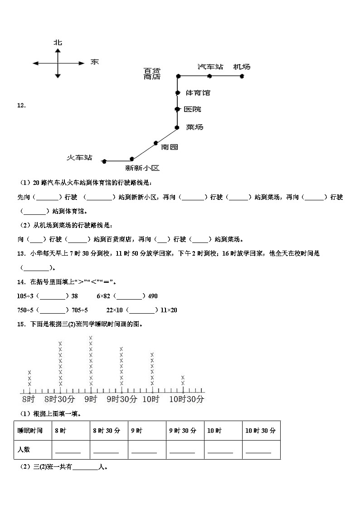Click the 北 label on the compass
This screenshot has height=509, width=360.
(x=58, y=43)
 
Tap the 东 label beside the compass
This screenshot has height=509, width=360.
(x=94, y=62)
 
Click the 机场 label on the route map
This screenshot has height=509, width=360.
(x=242, y=67)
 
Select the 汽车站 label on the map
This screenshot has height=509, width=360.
(x=210, y=67)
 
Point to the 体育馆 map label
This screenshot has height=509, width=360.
(x=198, y=92)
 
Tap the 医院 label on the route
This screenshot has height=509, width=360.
(x=193, y=109)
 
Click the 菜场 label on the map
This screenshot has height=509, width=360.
(x=195, y=127)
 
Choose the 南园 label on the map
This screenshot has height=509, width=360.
(x=169, y=146)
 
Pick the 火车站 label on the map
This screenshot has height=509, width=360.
(x=79, y=157)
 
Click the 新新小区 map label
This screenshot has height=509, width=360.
(x=142, y=168)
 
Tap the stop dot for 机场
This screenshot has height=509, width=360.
(x=242, y=76)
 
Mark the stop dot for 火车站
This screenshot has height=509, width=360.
(x=104, y=161)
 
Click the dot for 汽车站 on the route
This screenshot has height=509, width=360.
(x=209, y=76)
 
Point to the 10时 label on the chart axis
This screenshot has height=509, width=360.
(x=151, y=399)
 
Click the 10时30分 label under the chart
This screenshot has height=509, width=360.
(x=187, y=399)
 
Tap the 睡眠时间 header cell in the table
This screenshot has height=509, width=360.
(x=30, y=431)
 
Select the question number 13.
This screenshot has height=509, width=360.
(x=21, y=253)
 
